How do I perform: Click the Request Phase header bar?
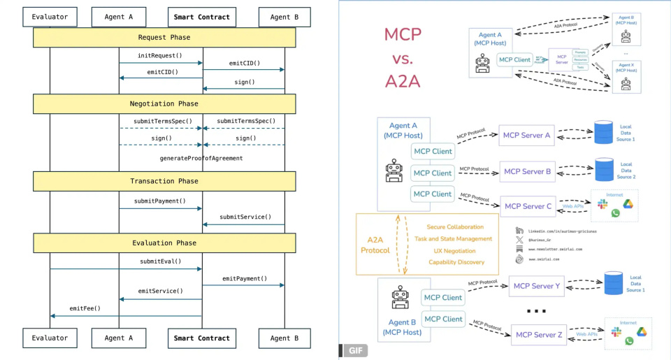164,37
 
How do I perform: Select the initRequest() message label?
160,55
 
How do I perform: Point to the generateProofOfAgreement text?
201,158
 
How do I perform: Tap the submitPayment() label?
160,201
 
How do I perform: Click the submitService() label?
245,217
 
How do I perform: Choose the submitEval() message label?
160,261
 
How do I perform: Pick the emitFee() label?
85,308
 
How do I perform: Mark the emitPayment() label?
245,278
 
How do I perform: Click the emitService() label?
160,291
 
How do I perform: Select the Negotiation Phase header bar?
164,103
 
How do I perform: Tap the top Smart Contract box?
203,17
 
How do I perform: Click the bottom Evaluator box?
50,338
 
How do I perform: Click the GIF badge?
355,350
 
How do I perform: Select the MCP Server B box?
527,171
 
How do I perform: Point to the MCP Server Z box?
538,335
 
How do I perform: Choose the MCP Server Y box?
537,285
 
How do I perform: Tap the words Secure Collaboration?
455,227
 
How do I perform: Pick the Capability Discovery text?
455,262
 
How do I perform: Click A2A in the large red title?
403,80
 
